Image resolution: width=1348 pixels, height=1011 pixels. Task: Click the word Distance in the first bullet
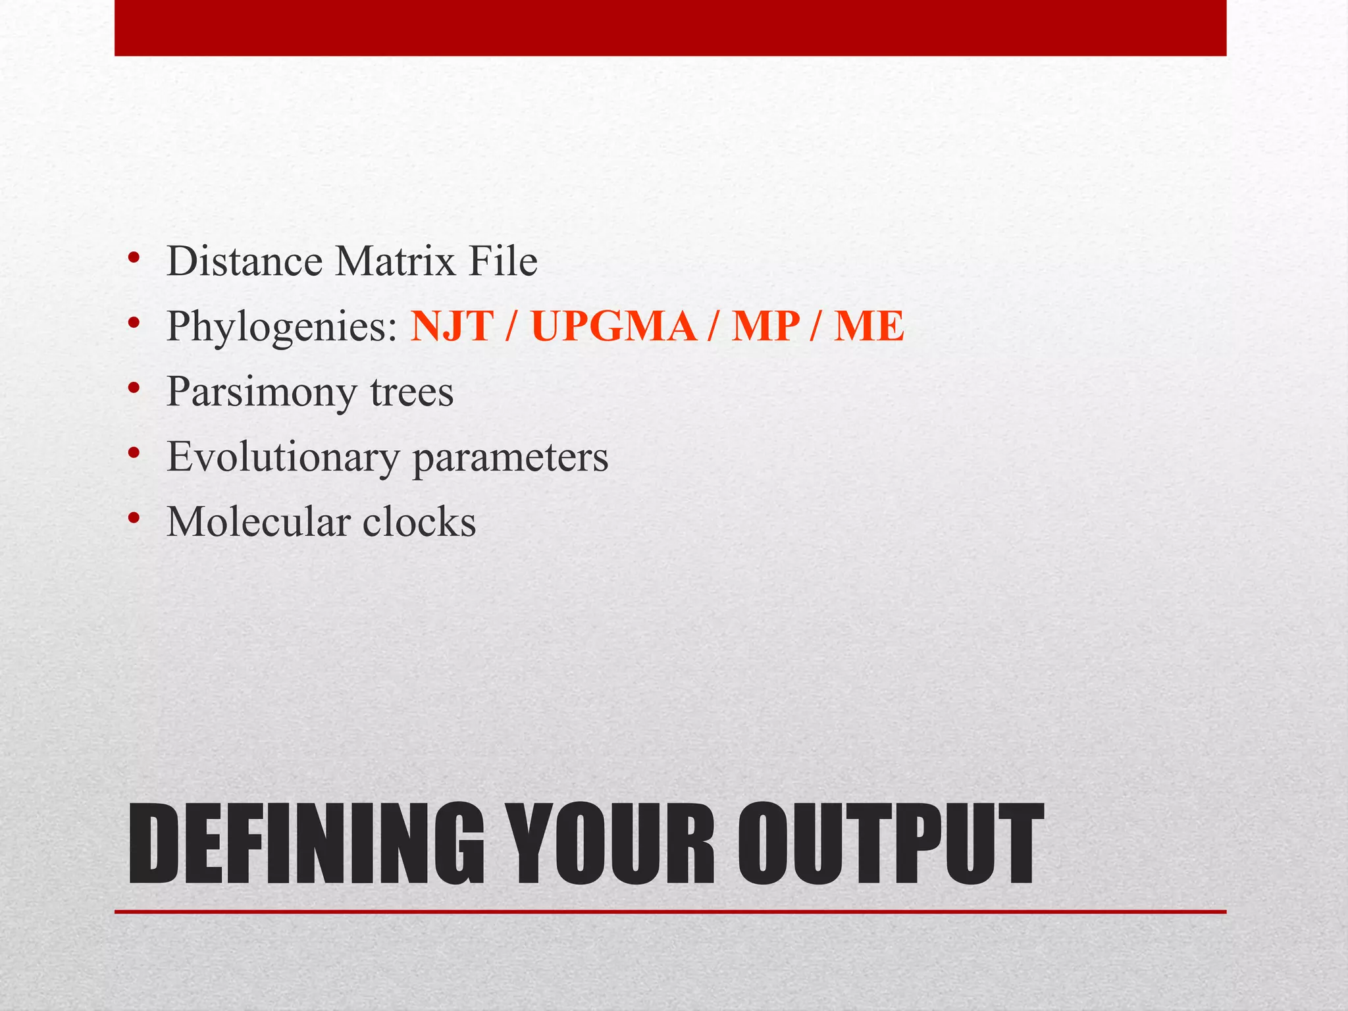[x=244, y=261]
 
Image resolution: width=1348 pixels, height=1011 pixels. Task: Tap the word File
[x=503, y=261]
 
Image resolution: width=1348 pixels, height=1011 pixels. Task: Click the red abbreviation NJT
[x=452, y=326]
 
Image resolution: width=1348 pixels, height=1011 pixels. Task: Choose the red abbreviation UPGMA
[x=613, y=326]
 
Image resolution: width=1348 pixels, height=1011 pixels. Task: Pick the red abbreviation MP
[x=766, y=326]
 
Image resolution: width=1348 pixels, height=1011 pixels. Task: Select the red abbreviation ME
[x=869, y=326]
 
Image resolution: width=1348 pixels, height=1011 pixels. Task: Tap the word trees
[x=412, y=392]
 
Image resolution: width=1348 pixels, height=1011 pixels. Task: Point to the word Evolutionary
[x=282, y=457]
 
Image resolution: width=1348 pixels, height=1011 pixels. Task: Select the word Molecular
[x=257, y=522]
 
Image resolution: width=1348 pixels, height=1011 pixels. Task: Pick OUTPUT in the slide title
[x=890, y=844]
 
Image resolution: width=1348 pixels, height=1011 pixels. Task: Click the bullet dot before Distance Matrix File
[x=134, y=258]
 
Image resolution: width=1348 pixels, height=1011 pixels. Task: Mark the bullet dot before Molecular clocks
[x=134, y=519]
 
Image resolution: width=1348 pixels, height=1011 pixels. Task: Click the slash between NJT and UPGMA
[x=511, y=326]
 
